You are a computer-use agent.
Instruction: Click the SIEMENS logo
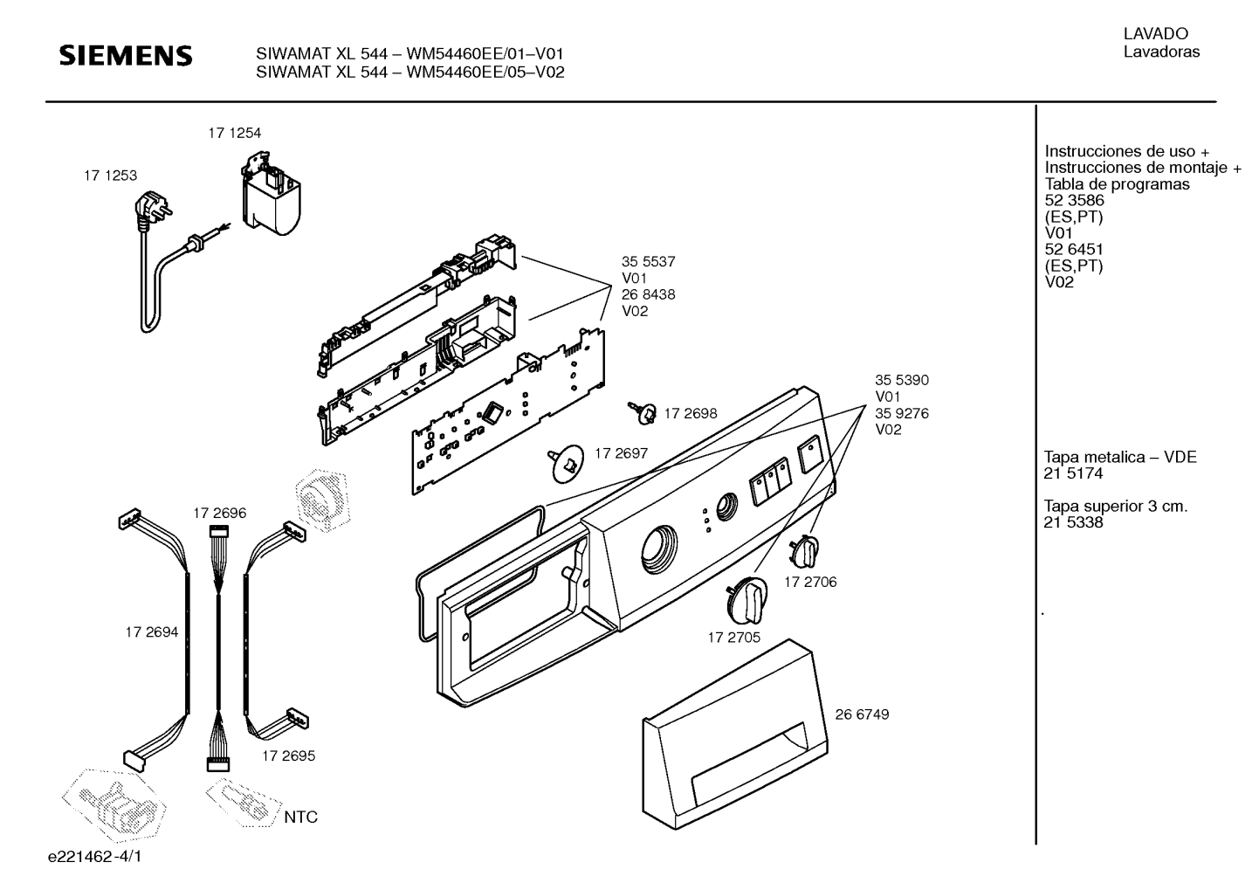126,56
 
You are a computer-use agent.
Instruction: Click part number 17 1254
234,134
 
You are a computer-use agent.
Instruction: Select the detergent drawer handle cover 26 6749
735,735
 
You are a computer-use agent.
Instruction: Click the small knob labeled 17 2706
804,551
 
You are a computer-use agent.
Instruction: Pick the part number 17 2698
691,414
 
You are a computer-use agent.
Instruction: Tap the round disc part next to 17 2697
568,464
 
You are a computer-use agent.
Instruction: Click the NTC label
300,817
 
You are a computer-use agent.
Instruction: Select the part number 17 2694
152,632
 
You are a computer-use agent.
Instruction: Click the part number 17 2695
288,755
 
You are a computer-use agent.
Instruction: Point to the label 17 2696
220,514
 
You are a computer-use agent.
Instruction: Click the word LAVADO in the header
1156,34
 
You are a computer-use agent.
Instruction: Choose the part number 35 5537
648,261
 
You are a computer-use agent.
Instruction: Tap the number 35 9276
902,414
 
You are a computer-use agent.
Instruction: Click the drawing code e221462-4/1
95,857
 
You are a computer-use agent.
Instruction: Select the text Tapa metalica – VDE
1119,457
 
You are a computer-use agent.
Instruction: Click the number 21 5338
1073,522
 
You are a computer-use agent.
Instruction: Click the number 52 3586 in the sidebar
1074,200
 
